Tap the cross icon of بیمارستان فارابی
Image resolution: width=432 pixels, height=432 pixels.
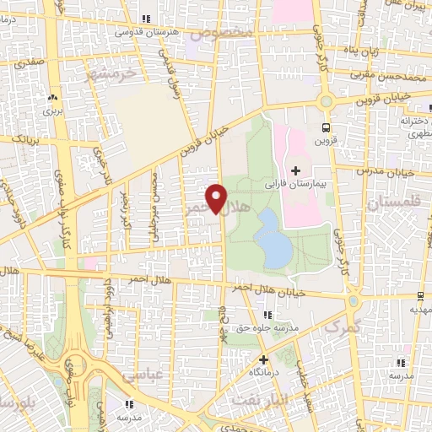294,171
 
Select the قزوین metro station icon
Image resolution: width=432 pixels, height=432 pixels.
325,128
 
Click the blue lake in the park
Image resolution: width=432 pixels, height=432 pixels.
272,237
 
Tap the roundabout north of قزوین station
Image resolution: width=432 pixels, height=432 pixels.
324,100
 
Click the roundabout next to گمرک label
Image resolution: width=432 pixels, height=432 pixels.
354,300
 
